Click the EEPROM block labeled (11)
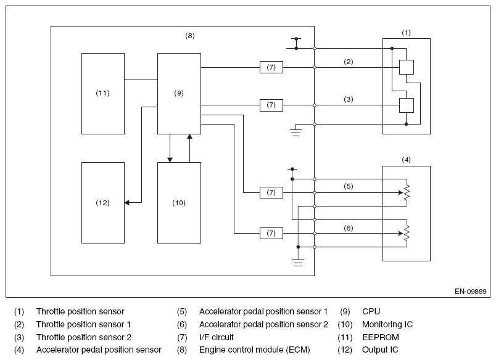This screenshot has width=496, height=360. coord(103,94)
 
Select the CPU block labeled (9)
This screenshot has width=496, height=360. coord(179,94)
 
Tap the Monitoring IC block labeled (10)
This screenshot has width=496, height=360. coord(179,203)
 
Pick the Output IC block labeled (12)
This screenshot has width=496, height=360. coord(103,203)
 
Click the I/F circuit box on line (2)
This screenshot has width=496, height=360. coord(271,67)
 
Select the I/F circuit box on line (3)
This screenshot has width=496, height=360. coord(271,105)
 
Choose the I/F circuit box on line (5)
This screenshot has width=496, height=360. coord(271,192)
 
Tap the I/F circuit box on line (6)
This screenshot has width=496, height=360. coord(271,233)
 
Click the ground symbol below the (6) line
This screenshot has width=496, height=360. coord(298,263)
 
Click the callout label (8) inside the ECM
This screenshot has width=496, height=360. coord(190,36)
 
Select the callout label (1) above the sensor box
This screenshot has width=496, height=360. coord(406,33)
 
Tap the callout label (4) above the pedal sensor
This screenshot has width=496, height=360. coord(406,160)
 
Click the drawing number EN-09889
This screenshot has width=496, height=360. coord(470,292)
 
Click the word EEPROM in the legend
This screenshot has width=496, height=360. coord(381,337)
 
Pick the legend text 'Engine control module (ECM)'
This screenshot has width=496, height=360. coord(255,350)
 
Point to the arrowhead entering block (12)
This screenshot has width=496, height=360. coord(127,203)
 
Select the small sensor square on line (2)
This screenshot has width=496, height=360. coord(407,67)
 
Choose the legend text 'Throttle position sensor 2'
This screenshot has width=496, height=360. coord(84,337)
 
